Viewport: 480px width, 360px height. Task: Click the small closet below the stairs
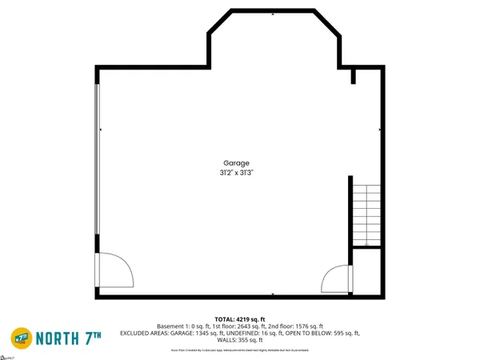366,270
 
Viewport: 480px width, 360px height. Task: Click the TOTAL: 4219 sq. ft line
240,319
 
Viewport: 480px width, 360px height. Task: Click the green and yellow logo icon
22,336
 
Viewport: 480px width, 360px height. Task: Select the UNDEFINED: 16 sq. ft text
255,333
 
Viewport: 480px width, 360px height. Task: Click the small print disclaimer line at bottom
240,350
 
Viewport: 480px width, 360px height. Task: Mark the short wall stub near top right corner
354,76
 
